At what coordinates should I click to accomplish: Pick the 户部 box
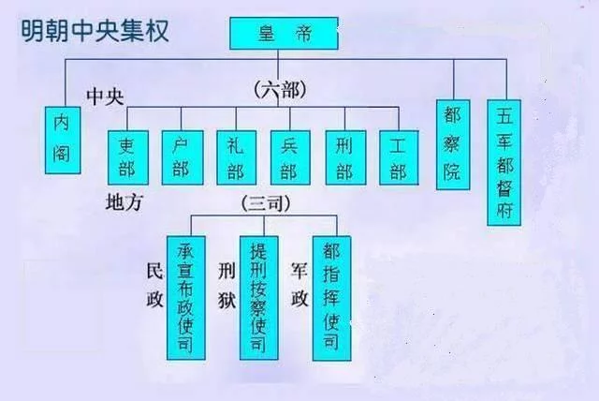click(x=182, y=156)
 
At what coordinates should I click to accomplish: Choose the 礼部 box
click(x=236, y=156)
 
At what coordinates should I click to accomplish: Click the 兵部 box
click(x=289, y=156)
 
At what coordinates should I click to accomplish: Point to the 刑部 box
click(x=343, y=156)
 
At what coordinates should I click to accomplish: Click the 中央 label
click(x=106, y=97)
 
